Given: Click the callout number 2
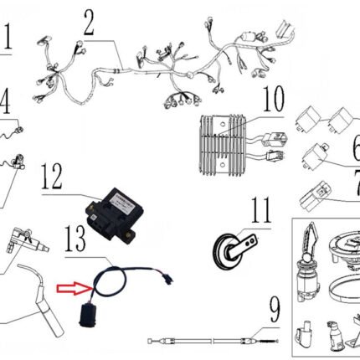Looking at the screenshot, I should pos(89,26).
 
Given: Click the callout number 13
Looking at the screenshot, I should pos(77,242).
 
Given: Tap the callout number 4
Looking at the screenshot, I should pos(6,104).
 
